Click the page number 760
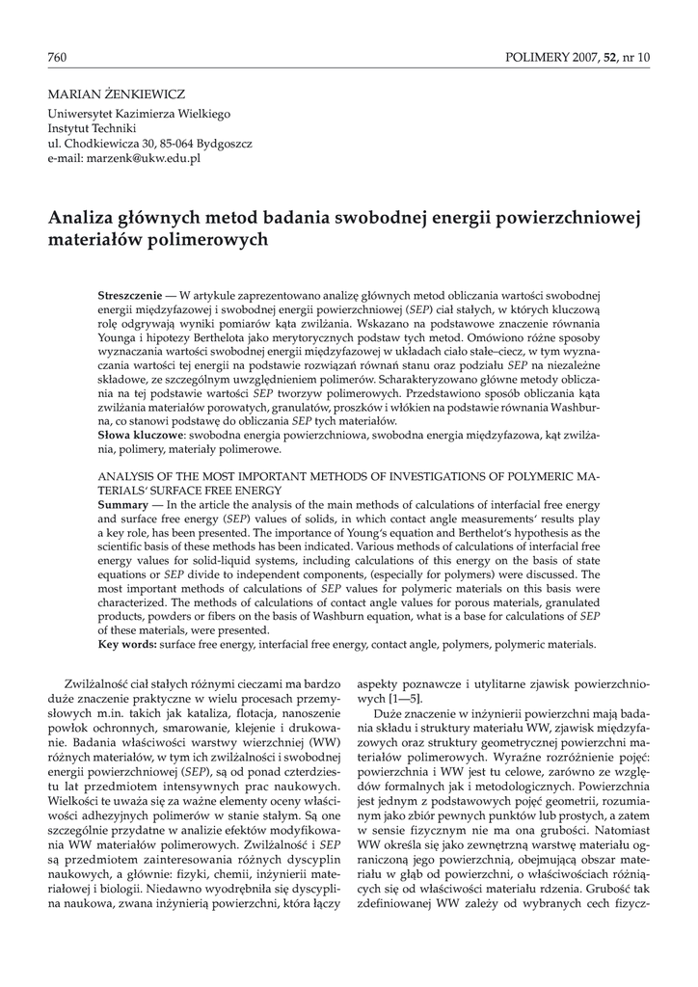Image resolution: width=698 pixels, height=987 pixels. click(x=57, y=58)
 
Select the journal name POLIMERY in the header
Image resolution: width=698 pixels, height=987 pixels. click(x=536, y=58)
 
